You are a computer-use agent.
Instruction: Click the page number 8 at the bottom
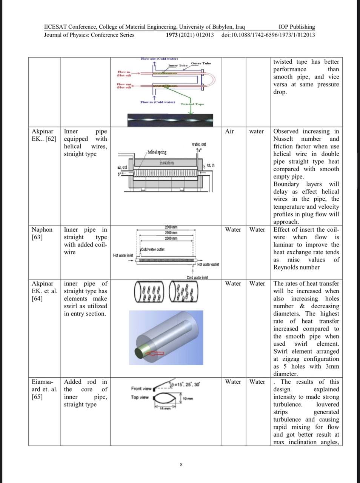[x=181, y=464]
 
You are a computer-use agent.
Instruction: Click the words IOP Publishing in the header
[x=297, y=27]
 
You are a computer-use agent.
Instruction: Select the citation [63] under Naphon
[x=37, y=237]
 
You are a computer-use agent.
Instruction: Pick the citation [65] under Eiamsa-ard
[x=37, y=397]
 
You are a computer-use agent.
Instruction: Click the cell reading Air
[x=229, y=131]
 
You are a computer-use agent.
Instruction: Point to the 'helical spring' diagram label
[x=157, y=152]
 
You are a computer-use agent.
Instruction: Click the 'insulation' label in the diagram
[x=166, y=163]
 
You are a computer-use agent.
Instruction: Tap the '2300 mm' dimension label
[x=171, y=227]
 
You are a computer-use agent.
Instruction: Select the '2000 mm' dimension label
[x=171, y=238]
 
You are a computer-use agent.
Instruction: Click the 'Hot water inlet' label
[x=123, y=255]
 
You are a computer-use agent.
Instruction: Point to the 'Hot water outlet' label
[x=208, y=265]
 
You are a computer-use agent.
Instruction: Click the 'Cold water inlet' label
[x=197, y=278]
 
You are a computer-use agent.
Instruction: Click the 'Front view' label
[x=141, y=389]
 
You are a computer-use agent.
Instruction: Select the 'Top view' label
[x=140, y=397]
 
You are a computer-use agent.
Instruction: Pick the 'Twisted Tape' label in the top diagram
[x=192, y=104]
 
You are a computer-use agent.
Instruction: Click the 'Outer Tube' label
[x=201, y=63]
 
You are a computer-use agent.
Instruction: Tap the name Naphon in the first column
[x=42, y=229]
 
